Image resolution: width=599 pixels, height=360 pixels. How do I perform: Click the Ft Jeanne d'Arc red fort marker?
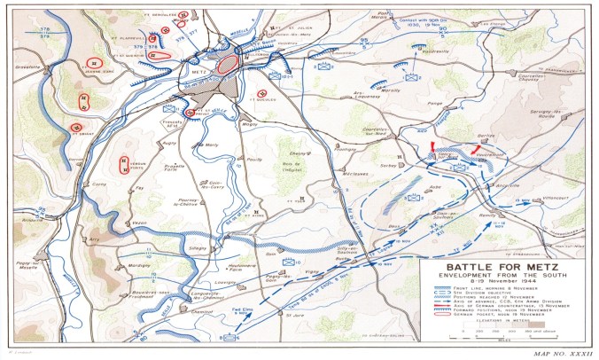point(92,63)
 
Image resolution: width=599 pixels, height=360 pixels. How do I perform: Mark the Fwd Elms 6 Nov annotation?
point(239,312)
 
